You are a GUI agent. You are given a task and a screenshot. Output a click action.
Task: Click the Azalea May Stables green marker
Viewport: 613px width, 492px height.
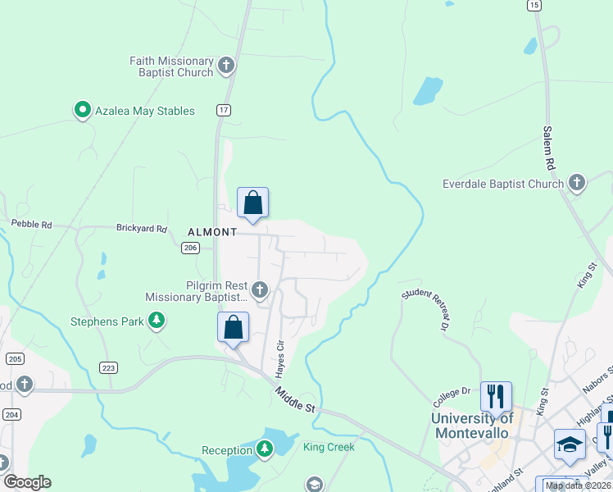pyautogui.click(x=82, y=110)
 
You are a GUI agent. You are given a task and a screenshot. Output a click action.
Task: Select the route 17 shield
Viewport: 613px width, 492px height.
pyautogui.click(x=223, y=109)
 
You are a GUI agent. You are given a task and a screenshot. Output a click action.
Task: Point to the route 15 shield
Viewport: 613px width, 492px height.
pyautogui.click(x=534, y=6)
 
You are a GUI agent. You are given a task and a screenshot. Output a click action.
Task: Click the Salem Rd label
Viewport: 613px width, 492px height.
pyautogui.click(x=548, y=148)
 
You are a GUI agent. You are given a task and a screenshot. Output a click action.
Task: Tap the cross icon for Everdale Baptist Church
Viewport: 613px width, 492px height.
pyautogui.click(x=577, y=183)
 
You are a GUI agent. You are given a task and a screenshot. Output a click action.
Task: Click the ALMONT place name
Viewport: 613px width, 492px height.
pyautogui.click(x=211, y=232)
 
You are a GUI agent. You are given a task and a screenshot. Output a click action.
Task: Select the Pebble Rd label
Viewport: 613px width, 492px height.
pyautogui.click(x=31, y=224)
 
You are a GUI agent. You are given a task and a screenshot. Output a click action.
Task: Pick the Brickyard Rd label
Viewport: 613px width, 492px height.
pyautogui.click(x=141, y=229)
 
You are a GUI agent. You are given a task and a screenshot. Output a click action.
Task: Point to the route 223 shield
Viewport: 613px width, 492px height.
pyautogui.click(x=108, y=368)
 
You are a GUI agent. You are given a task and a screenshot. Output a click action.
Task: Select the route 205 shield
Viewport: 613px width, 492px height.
pyautogui.click(x=14, y=358)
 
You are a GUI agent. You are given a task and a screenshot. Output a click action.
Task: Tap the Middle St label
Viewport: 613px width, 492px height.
pyautogui.click(x=295, y=400)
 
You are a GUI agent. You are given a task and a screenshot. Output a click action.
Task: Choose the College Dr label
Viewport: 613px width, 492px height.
pyautogui.click(x=454, y=392)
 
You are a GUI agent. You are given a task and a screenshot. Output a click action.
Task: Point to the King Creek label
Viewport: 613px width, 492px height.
pyautogui.click(x=329, y=447)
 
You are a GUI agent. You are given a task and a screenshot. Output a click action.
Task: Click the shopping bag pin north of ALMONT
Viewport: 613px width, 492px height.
pyautogui.click(x=252, y=203)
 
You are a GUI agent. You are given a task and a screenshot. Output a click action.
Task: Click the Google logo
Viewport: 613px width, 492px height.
pyautogui.click(x=27, y=482)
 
